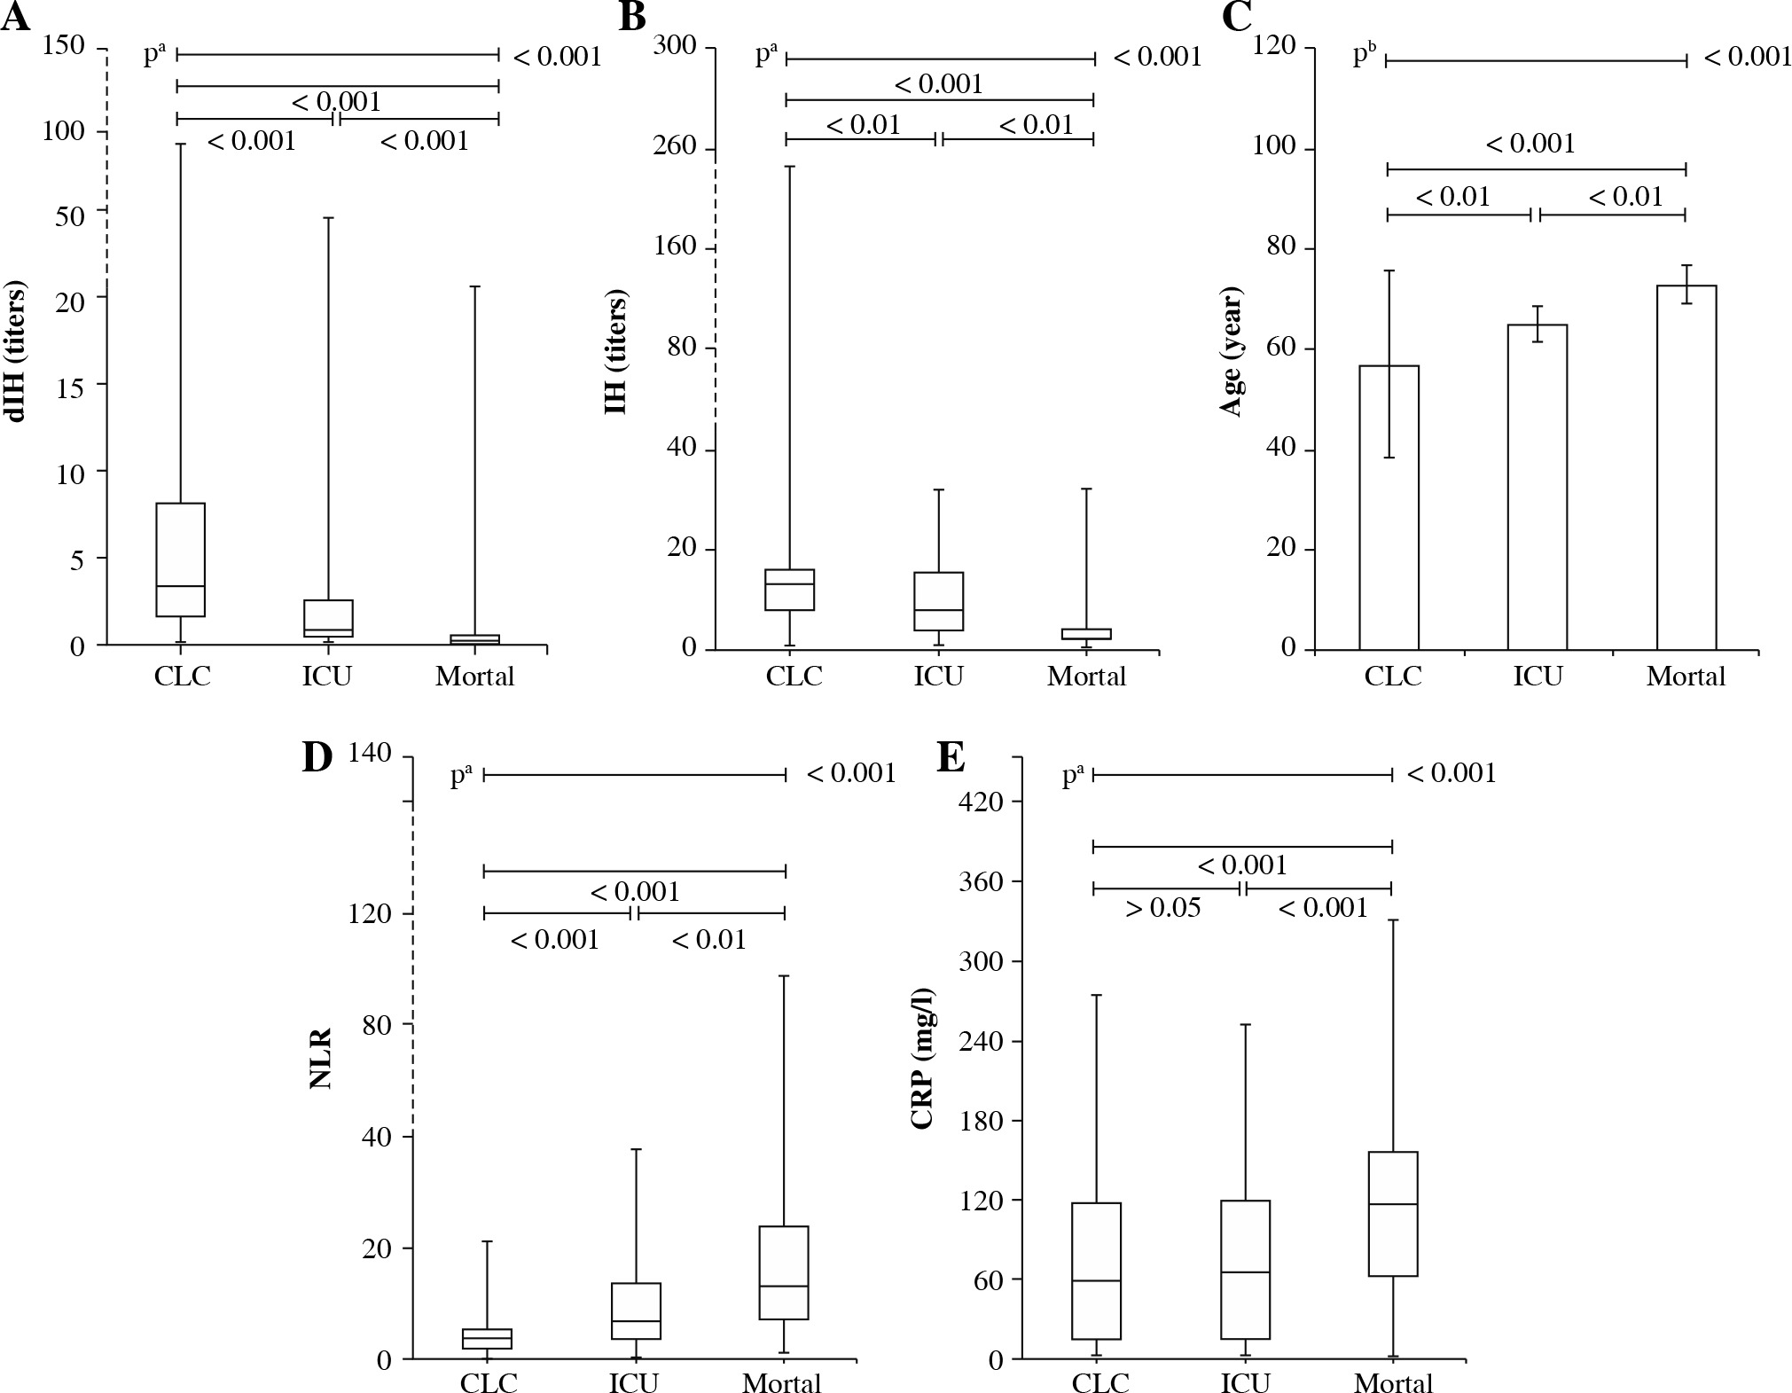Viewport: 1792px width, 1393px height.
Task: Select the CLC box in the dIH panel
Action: (181, 560)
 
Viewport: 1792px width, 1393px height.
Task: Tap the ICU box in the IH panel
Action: (939, 601)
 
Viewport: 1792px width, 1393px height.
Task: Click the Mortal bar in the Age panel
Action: (1686, 467)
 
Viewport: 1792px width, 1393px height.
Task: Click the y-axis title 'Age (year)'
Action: (1232, 351)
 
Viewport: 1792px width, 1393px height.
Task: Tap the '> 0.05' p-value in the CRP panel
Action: (1162, 908)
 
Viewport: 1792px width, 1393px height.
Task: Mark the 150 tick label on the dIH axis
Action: (64, 46)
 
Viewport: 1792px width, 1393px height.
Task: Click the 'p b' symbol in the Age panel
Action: (1364, 55)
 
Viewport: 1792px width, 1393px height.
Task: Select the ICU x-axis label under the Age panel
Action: (1538, 677)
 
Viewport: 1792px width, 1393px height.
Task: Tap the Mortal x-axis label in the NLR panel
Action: (782, 1383)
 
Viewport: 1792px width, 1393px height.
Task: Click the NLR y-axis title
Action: (320, 1058)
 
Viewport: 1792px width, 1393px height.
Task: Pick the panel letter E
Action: (951, 760)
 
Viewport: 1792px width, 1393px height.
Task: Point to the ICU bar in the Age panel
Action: (1538, 487)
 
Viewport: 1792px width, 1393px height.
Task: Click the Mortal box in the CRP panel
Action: (1393, 1214)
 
